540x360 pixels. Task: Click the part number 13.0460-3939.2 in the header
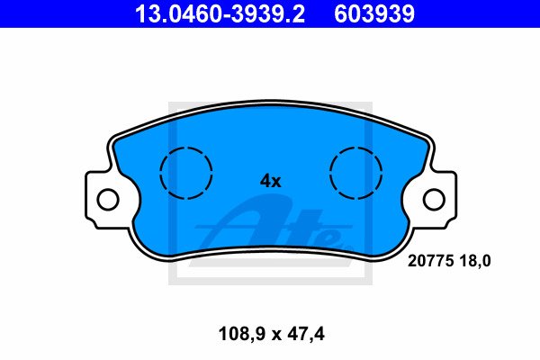(x=220, y=13)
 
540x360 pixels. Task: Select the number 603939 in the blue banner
(x=374, y=13)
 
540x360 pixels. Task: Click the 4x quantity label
(x=270, y=181)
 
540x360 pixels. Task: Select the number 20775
(x=430, y=261)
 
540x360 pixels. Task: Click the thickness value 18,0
(x=474, y=261)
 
